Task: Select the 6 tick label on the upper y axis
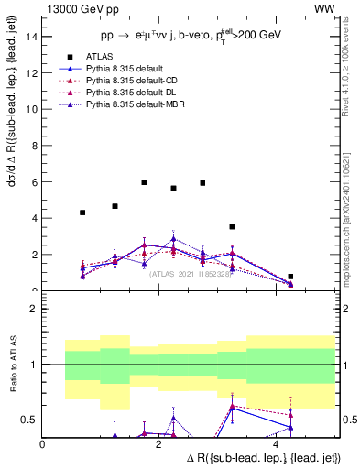[x=34, y=182]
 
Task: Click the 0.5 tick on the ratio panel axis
[x=29, y=420]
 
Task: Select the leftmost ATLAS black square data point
[x=82, y=213]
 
